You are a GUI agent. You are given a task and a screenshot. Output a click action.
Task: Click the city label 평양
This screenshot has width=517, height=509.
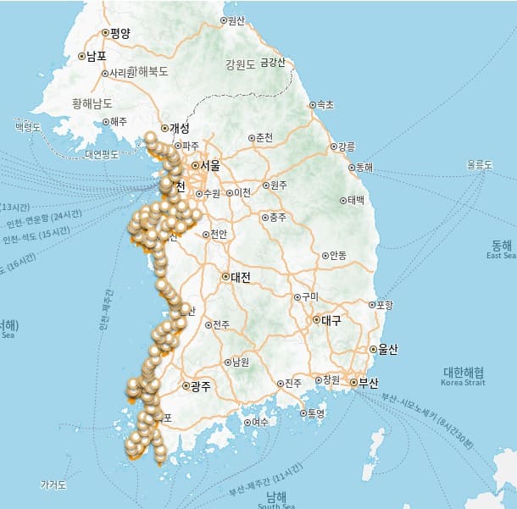[120, 34]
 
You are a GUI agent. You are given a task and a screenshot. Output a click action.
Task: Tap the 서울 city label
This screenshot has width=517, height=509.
[209, 166]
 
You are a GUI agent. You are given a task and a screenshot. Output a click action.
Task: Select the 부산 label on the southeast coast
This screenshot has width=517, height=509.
[367, 382]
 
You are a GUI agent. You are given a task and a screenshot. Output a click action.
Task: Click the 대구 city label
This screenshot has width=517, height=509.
[331, 320]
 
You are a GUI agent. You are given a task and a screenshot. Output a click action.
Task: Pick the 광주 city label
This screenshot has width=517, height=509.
[200, 386]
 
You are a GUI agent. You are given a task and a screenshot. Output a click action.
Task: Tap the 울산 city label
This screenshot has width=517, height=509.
[388, 349]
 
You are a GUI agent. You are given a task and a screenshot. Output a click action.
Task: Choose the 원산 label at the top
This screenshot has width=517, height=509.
[236, 20]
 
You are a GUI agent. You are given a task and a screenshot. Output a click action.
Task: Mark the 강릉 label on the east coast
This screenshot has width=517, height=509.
[347, 147]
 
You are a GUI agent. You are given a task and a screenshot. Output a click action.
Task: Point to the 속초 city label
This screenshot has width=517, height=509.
[325, 105]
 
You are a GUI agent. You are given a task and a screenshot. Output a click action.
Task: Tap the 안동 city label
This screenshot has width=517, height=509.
[337, 255]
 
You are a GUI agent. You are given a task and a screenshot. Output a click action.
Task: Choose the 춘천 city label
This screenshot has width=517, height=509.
[264, 137]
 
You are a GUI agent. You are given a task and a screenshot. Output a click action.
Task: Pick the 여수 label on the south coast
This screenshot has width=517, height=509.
[259, 422]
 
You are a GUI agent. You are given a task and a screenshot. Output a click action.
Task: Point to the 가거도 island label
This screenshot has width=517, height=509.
[53, 484]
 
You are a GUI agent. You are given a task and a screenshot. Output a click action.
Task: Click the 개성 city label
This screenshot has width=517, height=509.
[180, 128]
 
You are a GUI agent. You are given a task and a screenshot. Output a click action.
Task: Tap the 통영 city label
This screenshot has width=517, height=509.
[316, 413]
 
